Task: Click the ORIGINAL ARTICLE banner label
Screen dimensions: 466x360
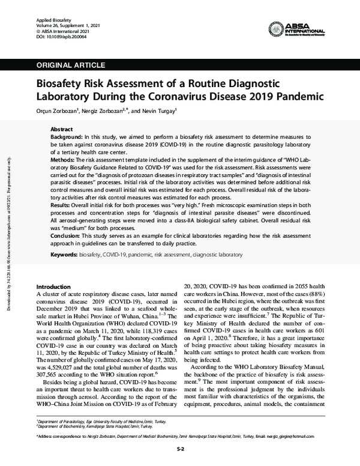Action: pos(71,65)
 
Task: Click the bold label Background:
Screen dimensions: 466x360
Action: pos(68,138)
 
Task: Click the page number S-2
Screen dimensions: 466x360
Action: pos(180,449)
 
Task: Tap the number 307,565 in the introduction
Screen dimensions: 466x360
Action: pos(50,371)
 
